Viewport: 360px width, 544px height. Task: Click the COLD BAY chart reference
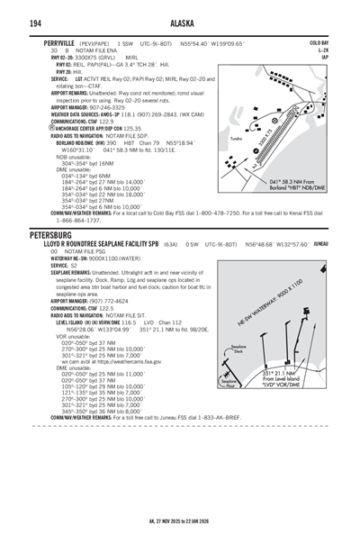(319, 42)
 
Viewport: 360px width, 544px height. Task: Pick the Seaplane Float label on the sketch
(228, 382)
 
